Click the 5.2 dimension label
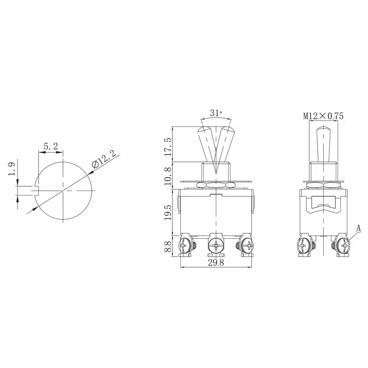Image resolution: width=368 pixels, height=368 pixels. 50,147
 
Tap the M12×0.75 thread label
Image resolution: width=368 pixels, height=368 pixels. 323,116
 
